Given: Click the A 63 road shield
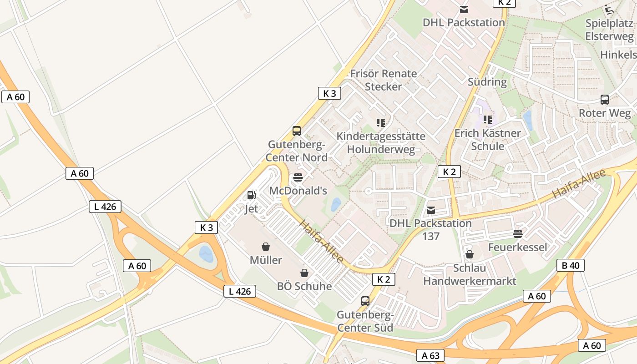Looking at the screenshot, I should click(430, 355).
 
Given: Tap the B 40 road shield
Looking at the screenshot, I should click(571, 265).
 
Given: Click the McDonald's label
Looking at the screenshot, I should click(298, 191).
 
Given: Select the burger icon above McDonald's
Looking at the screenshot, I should click(298, 177).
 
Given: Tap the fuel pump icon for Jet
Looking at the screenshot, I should click(251, 195).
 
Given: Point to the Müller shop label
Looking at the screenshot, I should click(266, 260).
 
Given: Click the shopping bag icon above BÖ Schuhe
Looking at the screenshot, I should click(304, 273).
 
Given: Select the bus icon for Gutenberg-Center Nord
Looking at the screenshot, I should click(297, 131).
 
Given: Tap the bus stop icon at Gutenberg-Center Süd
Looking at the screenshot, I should click(365, 301).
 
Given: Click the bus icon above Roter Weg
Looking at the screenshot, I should click(605, 99).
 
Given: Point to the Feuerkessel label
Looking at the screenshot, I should click(517, 247).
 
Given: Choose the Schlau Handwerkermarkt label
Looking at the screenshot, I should click(470, 274).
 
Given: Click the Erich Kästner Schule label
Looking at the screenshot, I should click(488, 140).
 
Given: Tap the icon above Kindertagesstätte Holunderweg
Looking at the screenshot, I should click(381, 122).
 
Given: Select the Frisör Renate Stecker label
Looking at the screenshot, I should click(384, 80).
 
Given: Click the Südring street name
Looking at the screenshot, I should click(487, 82).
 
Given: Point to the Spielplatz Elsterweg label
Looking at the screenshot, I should click(609, 30).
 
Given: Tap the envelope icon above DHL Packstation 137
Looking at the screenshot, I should click(431, 210).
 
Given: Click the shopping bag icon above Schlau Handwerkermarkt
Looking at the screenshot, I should click(470, 254).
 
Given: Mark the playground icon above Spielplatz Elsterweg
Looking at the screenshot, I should click(609, 10).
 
